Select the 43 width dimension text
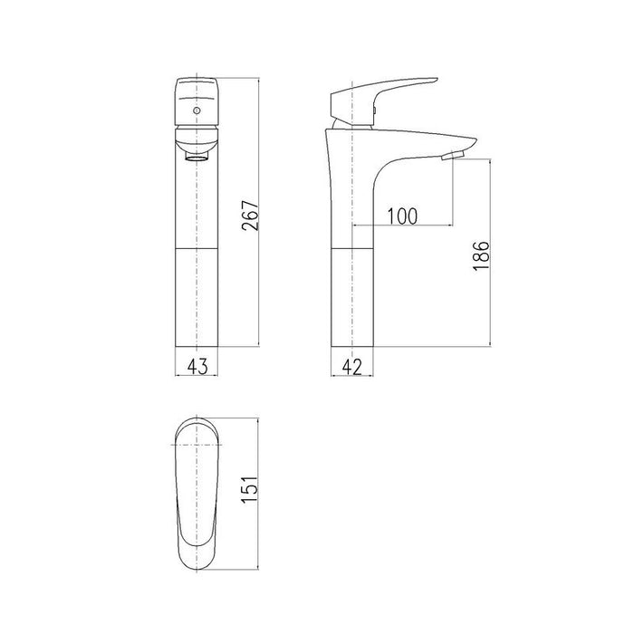pos(197,366)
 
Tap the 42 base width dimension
pos(353,366)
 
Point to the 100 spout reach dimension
pos(401,216)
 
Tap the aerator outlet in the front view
pos(197,158)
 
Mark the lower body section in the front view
pos(197,296)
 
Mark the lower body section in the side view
pos(353,296)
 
